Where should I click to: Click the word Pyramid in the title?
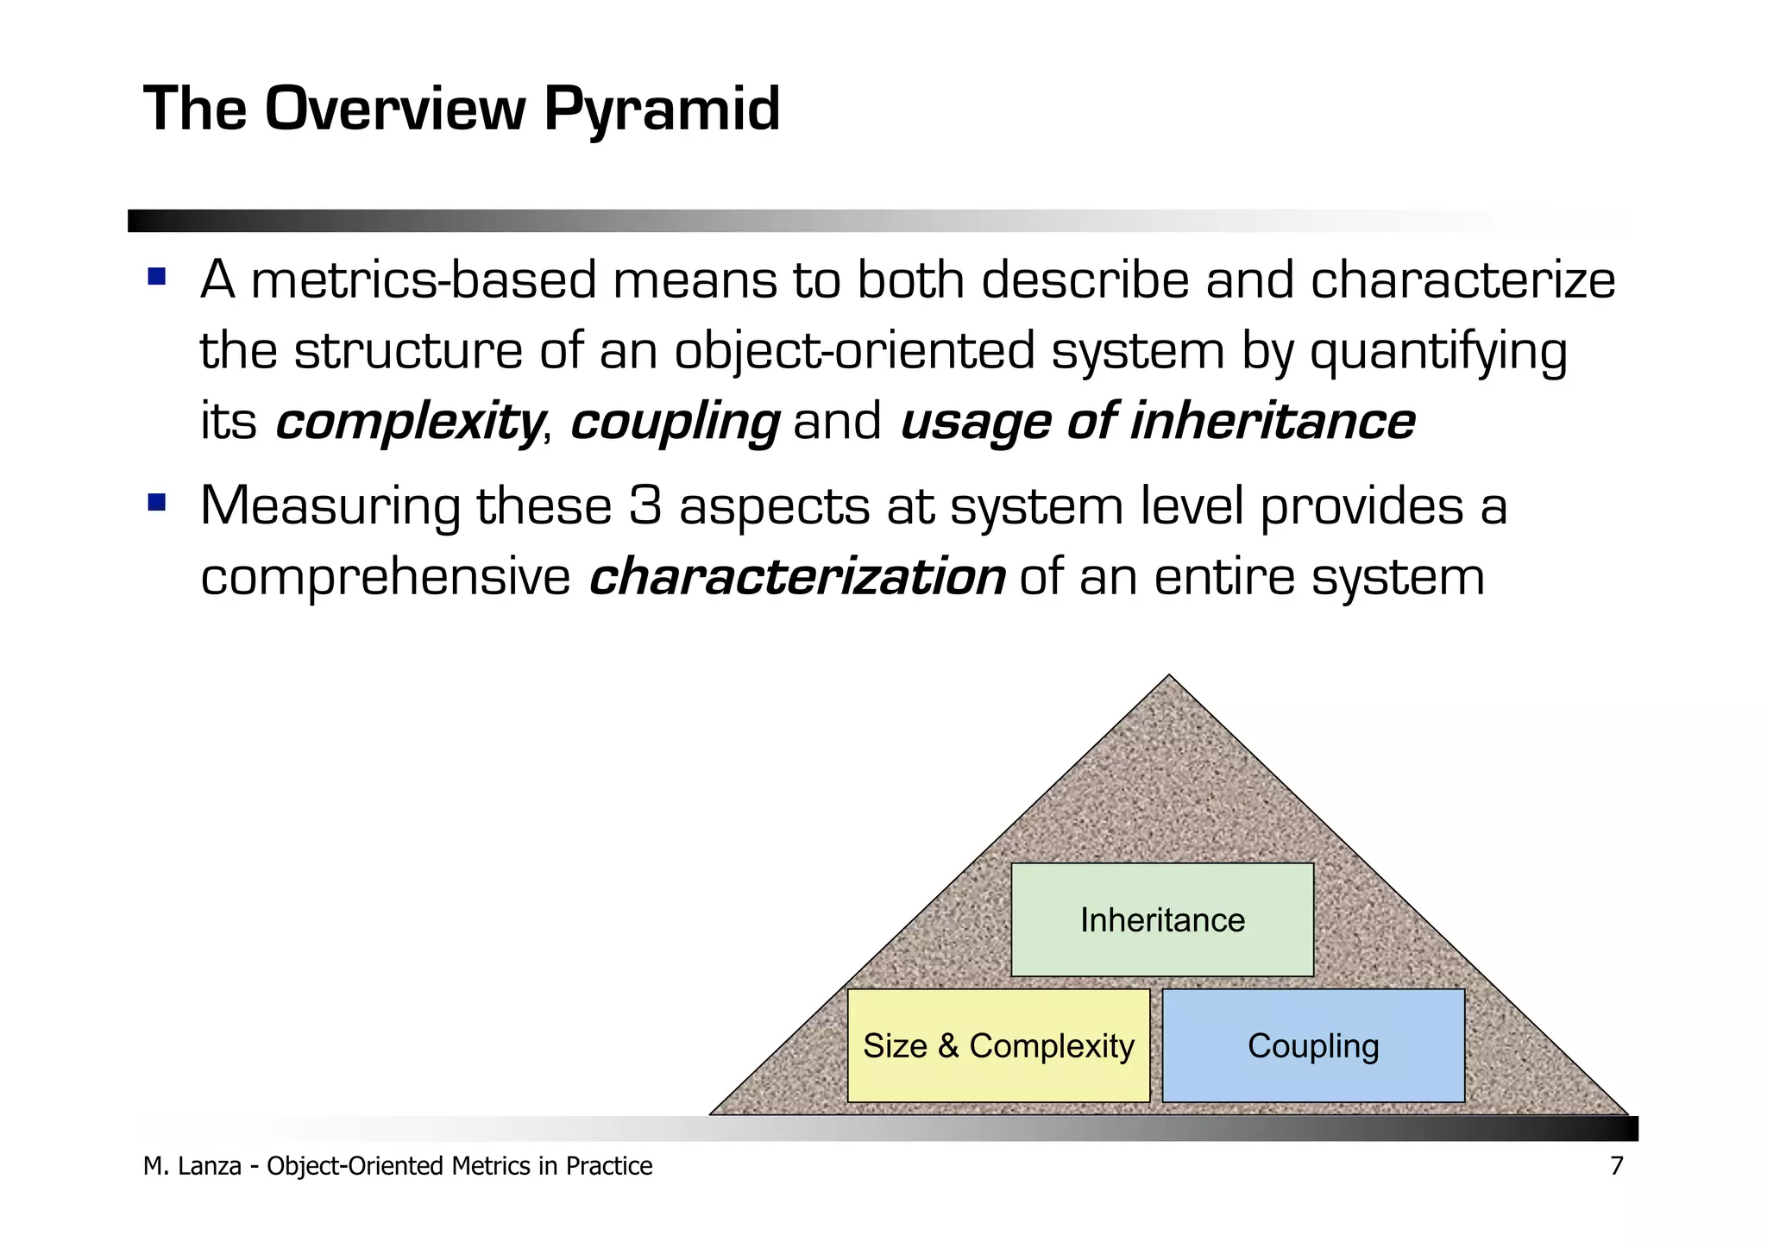tap(662, 110)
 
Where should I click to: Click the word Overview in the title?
tap(395, 109)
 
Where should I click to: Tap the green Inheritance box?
tap(1162, 920)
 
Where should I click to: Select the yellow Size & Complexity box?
tap(998, 1046)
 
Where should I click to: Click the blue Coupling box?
tap(1313, 1046)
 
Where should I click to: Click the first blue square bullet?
tap(156, 277)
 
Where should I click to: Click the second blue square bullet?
tap(156, 502)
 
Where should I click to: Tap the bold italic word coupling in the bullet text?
tap(675, 423)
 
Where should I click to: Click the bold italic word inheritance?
tap(1273, 421)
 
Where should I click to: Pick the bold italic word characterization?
tap(796, 577)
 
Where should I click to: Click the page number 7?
tap(1616, 1166)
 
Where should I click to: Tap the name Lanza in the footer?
tap(210, 1166)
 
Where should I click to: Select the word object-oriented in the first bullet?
tap(854, 352)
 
